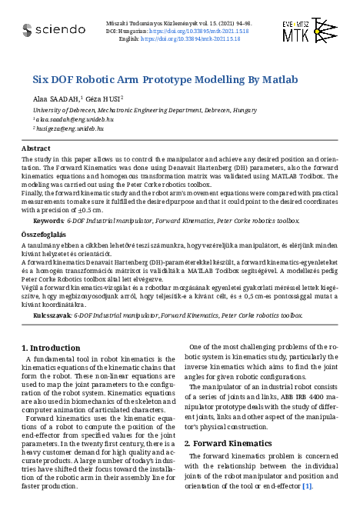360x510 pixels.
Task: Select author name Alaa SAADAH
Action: [x=57, y=99]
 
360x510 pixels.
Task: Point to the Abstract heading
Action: [x=36, y=148]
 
